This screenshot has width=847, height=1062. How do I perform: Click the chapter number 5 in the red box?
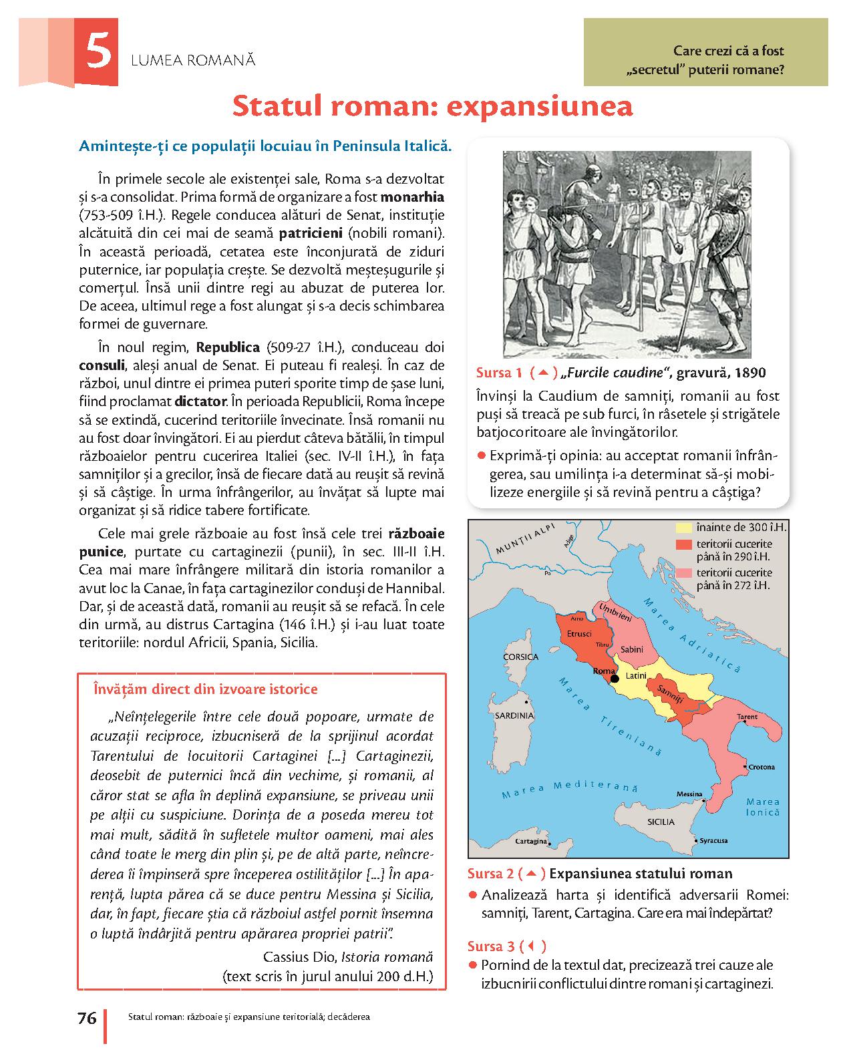[x=98, y=53]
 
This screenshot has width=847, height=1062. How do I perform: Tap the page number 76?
[x=87, y=1019]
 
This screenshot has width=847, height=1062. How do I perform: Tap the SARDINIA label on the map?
[x=514, y=715]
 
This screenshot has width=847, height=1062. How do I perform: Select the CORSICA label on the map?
[x=520, y=657]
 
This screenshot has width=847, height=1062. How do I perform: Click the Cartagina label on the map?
[x=531, y=841]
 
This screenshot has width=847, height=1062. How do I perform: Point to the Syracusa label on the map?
[x=713, y=840]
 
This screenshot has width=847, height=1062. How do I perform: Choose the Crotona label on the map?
[x=761, y=767]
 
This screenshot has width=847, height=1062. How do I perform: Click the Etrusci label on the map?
[x=578, y=633]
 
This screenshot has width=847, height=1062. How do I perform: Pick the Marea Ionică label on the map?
[x=763, y=807]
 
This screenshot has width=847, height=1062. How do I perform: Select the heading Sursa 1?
[x=498, y=373]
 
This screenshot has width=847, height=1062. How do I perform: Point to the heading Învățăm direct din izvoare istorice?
[x=206, y=689]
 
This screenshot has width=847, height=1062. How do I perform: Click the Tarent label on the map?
[x=747, y=717]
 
